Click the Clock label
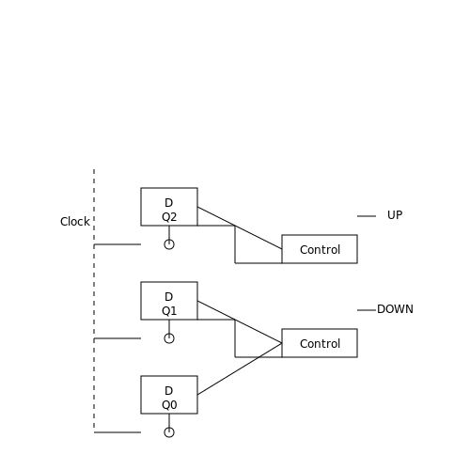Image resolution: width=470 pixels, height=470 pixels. [x=75, y=222]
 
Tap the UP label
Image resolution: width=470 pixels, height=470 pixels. [x=395, y=215]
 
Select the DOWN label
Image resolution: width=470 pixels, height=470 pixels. [x=395, y=309]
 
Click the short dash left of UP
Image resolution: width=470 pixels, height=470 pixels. [x=367, y=216]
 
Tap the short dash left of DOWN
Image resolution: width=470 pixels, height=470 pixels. [x=367, y=310]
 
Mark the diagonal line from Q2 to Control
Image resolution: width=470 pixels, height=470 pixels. [x=240, y=227]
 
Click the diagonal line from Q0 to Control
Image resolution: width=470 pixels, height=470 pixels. [x=240, y=368]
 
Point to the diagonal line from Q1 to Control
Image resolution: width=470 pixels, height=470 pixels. [x=240, y=321]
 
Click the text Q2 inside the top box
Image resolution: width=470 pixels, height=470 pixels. [x=169, y=217]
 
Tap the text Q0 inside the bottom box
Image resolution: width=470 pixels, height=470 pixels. [x=169, y=405]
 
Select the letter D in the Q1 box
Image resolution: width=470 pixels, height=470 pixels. [x=168, y=297]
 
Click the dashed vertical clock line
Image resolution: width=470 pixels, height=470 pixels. [x=94, y=301]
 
